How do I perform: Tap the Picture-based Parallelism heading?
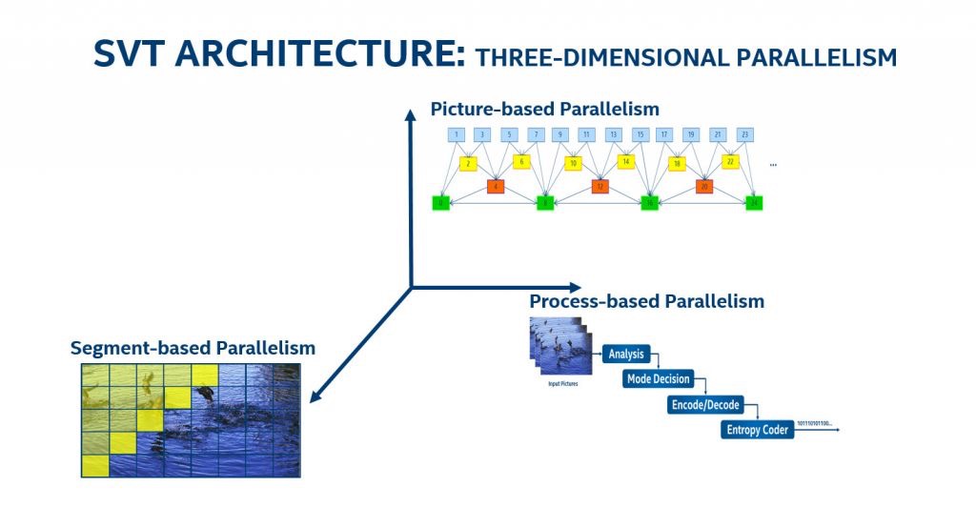coord(544,109)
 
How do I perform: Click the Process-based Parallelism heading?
coord(646,301)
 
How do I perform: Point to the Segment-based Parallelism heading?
coord(193,348)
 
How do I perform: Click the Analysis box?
coord(626,355)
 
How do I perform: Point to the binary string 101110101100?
coord(813,422)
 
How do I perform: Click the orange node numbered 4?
coord(495,186)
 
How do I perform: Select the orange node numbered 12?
coord(600,186)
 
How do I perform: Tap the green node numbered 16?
coord(650,202)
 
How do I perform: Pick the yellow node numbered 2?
coord(468,163)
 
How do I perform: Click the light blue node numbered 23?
coord(744,134)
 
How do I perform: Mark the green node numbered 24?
coord(755,202)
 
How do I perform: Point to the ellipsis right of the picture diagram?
coord(773,165)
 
